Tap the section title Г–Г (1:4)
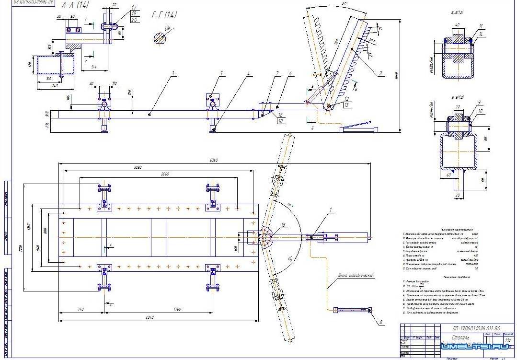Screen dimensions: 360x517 [164, 15]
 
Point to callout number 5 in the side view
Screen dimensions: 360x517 [221, 74]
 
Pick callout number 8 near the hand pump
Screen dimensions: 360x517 [381, 323]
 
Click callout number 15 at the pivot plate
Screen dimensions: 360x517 [284, 225]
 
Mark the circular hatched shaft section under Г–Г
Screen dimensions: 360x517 [161, 37]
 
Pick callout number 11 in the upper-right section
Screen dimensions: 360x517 [481, 25]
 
